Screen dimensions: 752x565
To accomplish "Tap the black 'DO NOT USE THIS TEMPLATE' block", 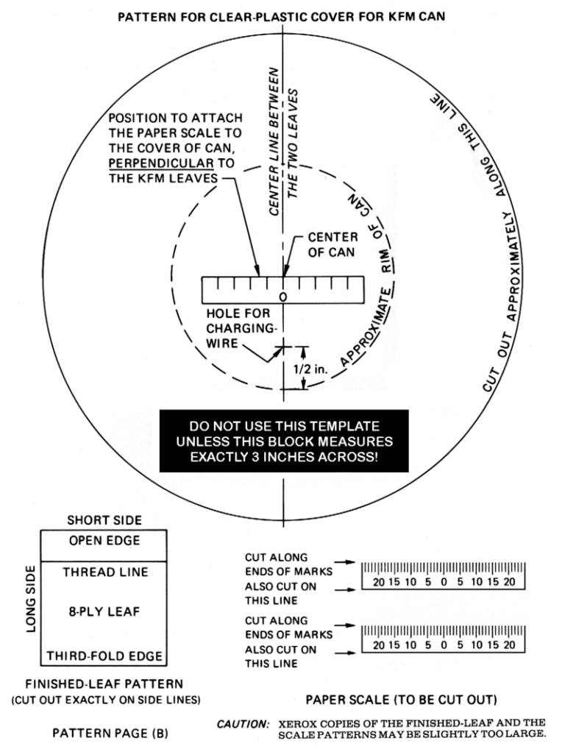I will [283, 441].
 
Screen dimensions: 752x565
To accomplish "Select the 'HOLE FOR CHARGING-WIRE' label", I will [233, 328].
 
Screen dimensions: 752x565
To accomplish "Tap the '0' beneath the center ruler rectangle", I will [283, 297].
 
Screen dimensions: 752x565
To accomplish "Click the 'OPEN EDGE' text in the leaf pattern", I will [105, 541].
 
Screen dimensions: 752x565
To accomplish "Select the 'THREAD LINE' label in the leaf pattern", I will [105, 572].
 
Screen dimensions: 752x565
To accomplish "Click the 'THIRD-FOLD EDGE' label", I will [105, 656].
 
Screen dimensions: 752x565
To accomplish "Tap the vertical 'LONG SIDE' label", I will [31, 597].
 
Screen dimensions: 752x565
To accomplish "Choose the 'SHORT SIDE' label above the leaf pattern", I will [104, 520].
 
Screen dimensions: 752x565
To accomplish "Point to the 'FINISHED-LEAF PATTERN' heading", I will [104, 684].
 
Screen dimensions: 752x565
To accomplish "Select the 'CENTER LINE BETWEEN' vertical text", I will [274, 141].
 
